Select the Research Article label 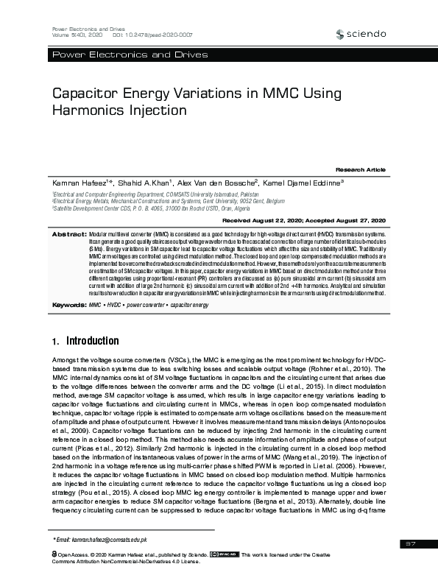[x=361, y=169]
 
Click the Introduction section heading [x=92, y=342]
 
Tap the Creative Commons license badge [x=225, y=554]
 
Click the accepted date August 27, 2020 [x=359, y=220]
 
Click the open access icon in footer [x=54, y=554]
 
